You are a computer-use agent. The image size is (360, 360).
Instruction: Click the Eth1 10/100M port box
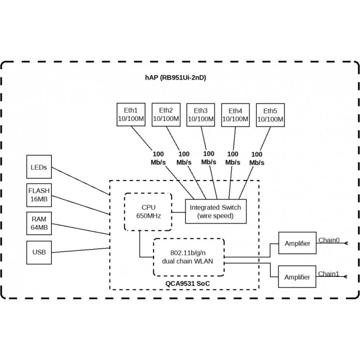131,115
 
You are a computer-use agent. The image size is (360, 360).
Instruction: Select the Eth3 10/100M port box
201,115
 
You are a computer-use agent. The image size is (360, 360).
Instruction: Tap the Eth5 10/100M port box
270,115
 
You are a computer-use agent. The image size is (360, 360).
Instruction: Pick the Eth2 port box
166,115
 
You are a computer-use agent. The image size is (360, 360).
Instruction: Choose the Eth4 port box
235,115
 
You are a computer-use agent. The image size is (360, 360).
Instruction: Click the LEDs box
39,167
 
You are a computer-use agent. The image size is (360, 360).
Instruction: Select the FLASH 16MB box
39,195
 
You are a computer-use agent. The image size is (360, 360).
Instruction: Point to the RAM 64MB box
39,223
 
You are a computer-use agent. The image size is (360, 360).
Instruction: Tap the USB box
39,252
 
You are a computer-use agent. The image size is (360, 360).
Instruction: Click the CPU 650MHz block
148,212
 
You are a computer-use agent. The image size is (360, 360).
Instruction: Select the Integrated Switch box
216,212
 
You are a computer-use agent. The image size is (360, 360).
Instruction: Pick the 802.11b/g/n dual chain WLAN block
189,257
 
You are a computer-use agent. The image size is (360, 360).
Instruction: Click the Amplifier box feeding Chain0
297,243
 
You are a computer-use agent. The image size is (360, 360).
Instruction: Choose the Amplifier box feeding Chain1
297,276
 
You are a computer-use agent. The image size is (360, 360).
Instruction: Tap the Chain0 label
329,240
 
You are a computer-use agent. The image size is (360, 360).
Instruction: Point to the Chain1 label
328,274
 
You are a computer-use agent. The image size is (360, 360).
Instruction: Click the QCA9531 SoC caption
188,284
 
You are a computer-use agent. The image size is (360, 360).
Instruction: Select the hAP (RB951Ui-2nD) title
175,78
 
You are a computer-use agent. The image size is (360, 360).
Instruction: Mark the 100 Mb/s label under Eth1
158,158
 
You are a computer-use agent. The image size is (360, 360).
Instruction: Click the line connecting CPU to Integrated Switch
179,212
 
